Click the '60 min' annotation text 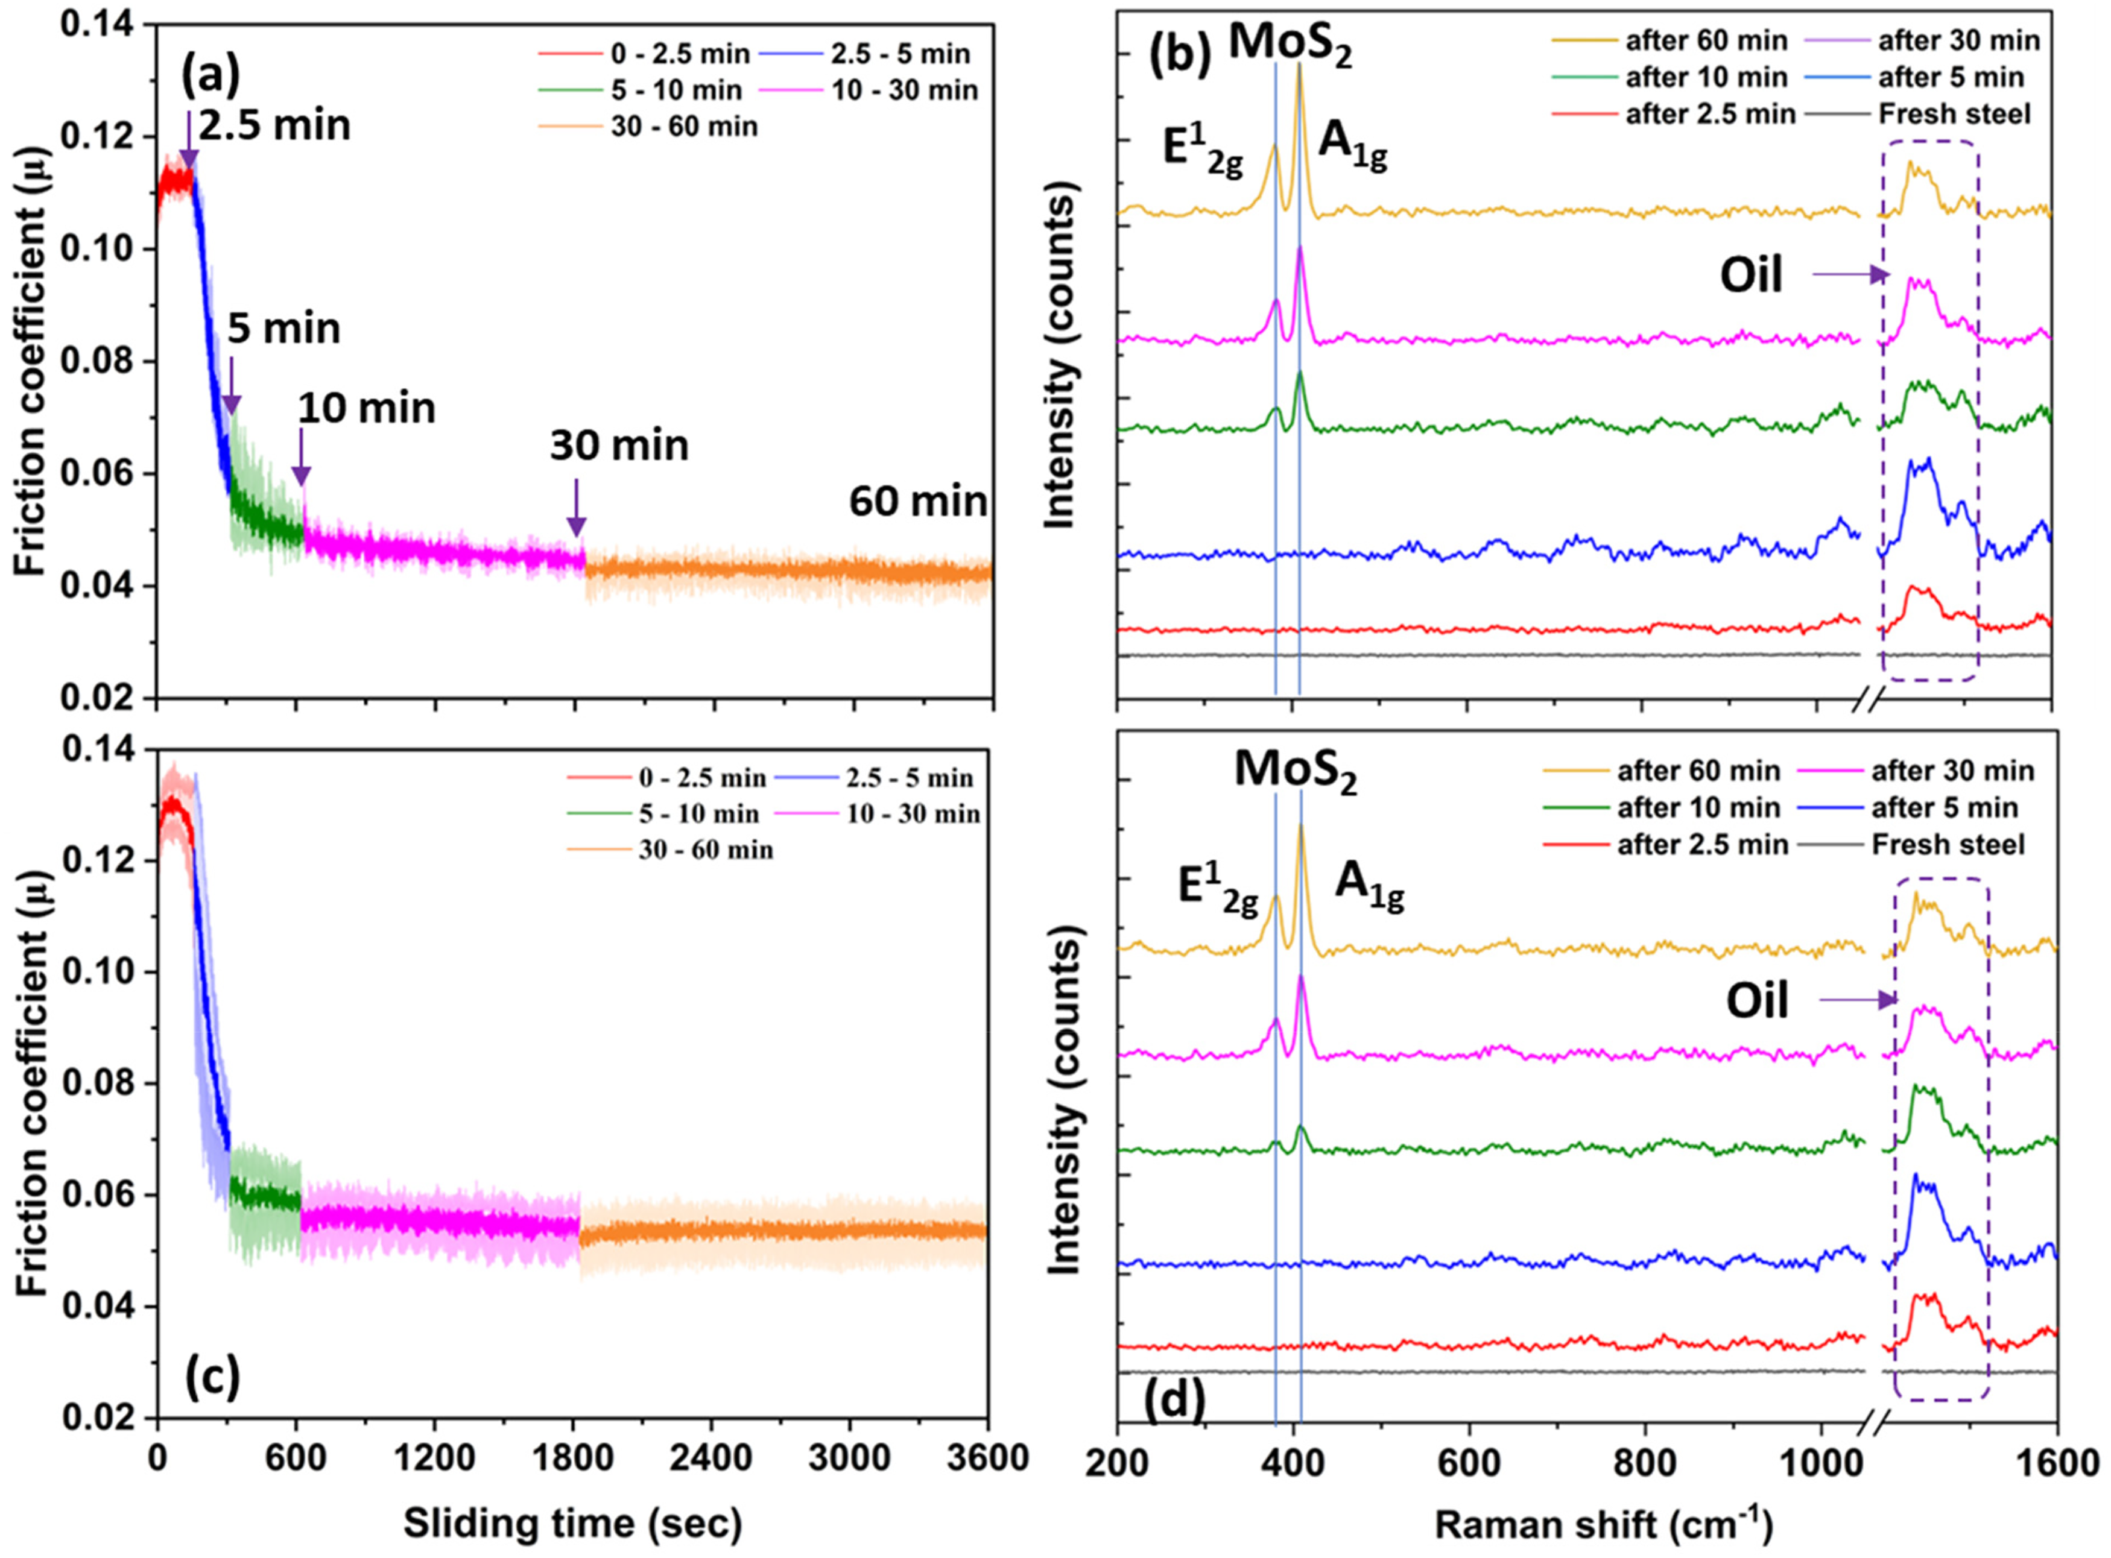(918, 502)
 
